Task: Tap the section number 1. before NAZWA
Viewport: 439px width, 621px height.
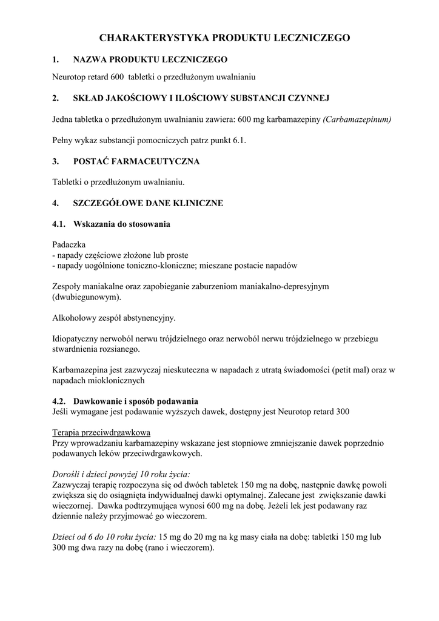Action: point(56,59)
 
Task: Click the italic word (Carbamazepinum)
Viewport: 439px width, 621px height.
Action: point(358,119)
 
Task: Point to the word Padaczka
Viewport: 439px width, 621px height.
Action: point(69,244)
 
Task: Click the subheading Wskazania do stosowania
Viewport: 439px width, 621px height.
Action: point(121,224)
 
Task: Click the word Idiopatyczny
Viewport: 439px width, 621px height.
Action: point(76,339)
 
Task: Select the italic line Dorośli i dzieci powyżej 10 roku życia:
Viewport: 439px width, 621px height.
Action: point(121,474)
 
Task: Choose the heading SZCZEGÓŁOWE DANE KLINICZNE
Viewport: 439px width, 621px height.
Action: point(148,203)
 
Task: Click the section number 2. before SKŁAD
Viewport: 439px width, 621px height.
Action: point(56,98)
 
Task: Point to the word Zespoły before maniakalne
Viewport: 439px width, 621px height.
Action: point(68,286)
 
